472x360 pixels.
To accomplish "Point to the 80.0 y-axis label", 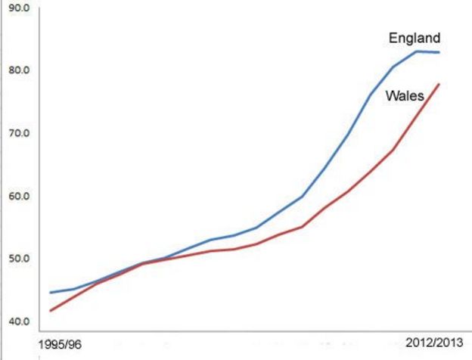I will pos(16,70).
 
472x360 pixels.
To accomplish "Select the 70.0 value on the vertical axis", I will pos(16,133).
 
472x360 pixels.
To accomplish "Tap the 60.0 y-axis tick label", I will pos(16,196).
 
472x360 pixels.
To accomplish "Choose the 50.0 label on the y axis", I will pos(16,259).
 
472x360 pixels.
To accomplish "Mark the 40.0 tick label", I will pos(16,321).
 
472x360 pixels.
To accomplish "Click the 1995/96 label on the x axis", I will pos(60,345).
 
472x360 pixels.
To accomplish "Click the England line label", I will pos(414,38).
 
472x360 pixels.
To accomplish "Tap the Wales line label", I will pos(405,96).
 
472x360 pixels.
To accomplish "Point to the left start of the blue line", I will pos(50,293).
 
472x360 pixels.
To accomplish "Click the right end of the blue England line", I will pos(439,52).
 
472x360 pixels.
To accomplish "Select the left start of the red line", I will pos(50,311).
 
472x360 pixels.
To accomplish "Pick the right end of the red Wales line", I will pos(439,84).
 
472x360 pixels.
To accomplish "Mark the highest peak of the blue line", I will pos(417,51).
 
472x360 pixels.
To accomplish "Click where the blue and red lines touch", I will pos(142,263).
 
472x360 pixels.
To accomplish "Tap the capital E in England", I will pos(393,38).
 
